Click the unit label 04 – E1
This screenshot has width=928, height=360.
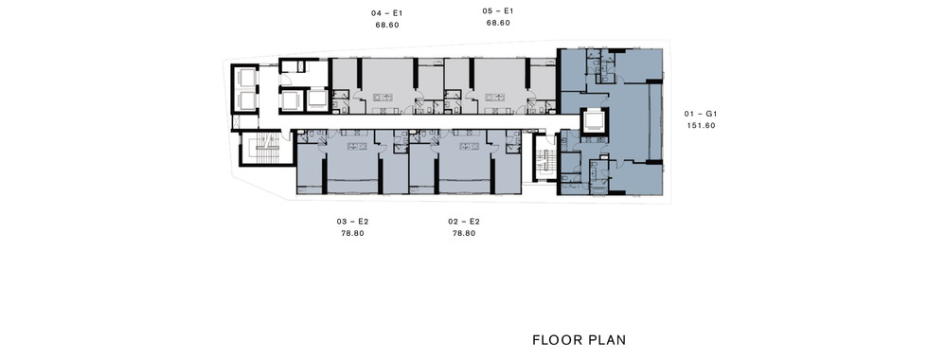387,12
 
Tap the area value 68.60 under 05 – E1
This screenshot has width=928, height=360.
498,23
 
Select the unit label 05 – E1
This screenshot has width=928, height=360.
498,10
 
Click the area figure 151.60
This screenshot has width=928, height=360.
702,125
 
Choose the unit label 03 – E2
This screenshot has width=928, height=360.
352,222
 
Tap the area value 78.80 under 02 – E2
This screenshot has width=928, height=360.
464,233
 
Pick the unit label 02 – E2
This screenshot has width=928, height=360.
464,222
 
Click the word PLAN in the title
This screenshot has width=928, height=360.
608,340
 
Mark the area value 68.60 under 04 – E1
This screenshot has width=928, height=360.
387,25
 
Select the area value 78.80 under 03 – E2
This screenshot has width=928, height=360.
352,233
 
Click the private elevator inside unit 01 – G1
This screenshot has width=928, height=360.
594,122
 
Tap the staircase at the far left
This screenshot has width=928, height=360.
267,149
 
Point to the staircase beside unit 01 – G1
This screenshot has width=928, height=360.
544,157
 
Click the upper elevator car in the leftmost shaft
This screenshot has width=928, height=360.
246,79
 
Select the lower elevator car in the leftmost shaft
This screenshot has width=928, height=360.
246,101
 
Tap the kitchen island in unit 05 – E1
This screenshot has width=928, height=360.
494,97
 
